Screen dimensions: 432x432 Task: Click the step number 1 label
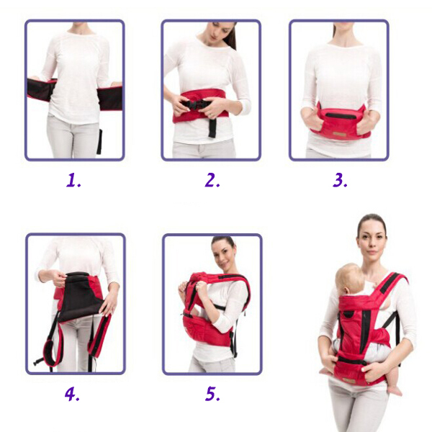tap(73, 180)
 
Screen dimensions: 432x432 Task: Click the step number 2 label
tap(212, 180)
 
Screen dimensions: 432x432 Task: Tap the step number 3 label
tap(340, 180)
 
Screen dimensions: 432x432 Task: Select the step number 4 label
tap(72, 394)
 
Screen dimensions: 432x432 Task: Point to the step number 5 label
tap(212, 394)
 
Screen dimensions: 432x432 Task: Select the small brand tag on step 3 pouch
tap(339, 134)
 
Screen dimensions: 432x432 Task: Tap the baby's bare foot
tap(395, 390)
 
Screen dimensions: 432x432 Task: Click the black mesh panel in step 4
tap(80, 297)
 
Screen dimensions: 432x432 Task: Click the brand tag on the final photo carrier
tap(349, 380)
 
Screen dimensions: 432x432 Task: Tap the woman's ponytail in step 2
tap(231, 36)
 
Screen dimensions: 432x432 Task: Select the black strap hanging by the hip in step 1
tap(99, 142)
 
